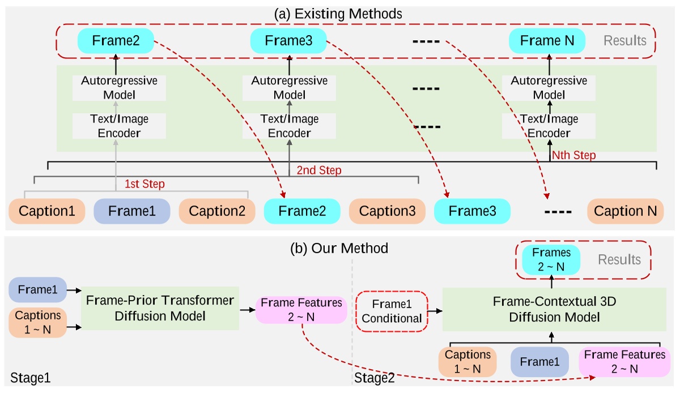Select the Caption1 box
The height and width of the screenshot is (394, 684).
point(47,211)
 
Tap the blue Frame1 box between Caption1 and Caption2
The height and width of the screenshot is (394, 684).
point(131,211)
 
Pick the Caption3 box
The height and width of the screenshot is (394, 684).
point(387,211)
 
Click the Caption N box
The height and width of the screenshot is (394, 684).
point(626,211)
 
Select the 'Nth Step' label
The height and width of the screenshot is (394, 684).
point(573,155)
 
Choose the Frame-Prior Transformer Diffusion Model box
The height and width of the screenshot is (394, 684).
point(160,308)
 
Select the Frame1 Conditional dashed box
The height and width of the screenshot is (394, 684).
point(391,311)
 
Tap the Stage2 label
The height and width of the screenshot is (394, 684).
point(374,377)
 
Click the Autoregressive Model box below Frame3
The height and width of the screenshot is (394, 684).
point(289,88)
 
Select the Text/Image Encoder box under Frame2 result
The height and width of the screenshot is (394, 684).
point(119,126)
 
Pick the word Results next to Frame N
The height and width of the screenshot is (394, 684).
point(624,41)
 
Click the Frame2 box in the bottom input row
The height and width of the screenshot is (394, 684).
point(302,211)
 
